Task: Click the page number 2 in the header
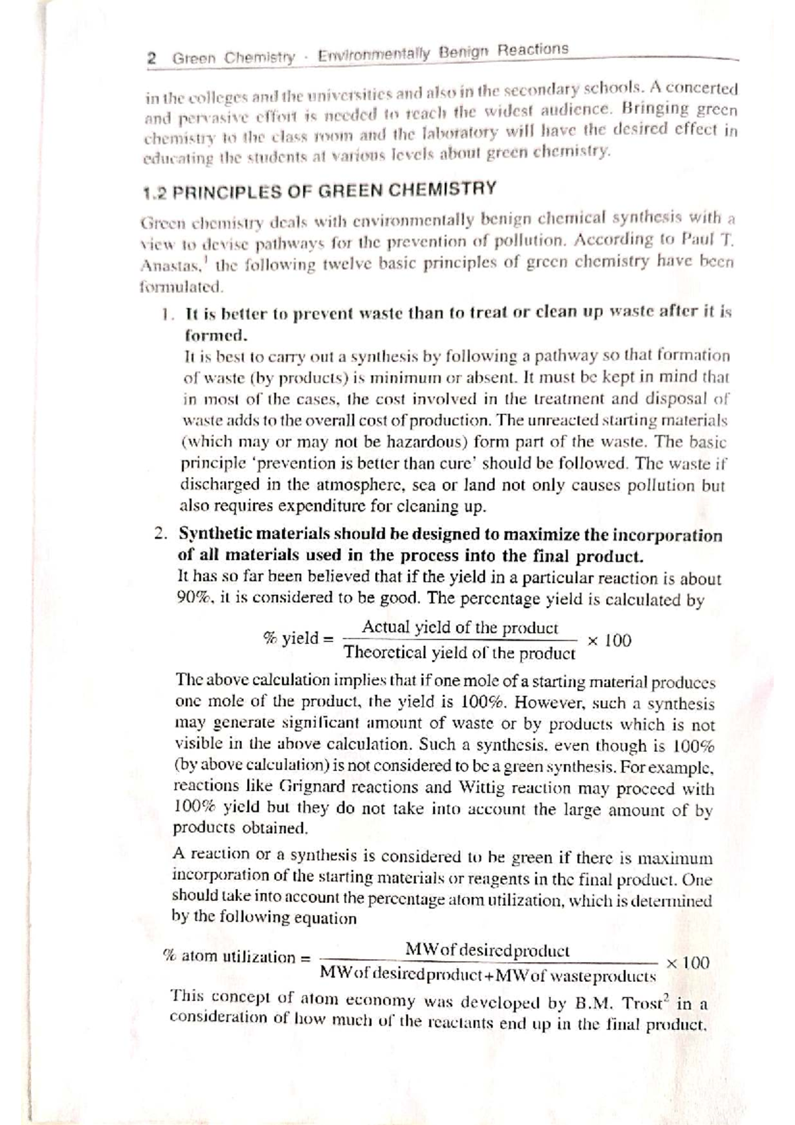coord(152,58)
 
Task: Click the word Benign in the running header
coord(462,52)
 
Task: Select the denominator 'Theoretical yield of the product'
coord(460,653)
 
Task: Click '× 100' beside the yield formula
coord(609,641)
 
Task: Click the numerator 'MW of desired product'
coord(487,949)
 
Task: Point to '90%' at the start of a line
coord(193,597)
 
